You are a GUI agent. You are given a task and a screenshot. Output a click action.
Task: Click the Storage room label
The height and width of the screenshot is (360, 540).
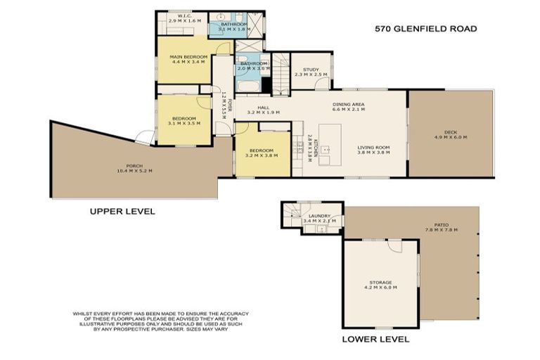coord(380,285)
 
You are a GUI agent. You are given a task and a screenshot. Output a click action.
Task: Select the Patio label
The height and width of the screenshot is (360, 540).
coord(441,228)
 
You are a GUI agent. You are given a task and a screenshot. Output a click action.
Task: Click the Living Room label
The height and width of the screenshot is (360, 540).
coord(373,150)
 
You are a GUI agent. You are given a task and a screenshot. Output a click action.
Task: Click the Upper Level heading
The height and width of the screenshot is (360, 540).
coord(122,211)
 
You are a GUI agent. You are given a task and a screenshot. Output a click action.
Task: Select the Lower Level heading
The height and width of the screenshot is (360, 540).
coord(375,339)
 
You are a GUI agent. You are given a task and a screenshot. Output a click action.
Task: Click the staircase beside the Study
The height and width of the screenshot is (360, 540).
coord(281,74)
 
